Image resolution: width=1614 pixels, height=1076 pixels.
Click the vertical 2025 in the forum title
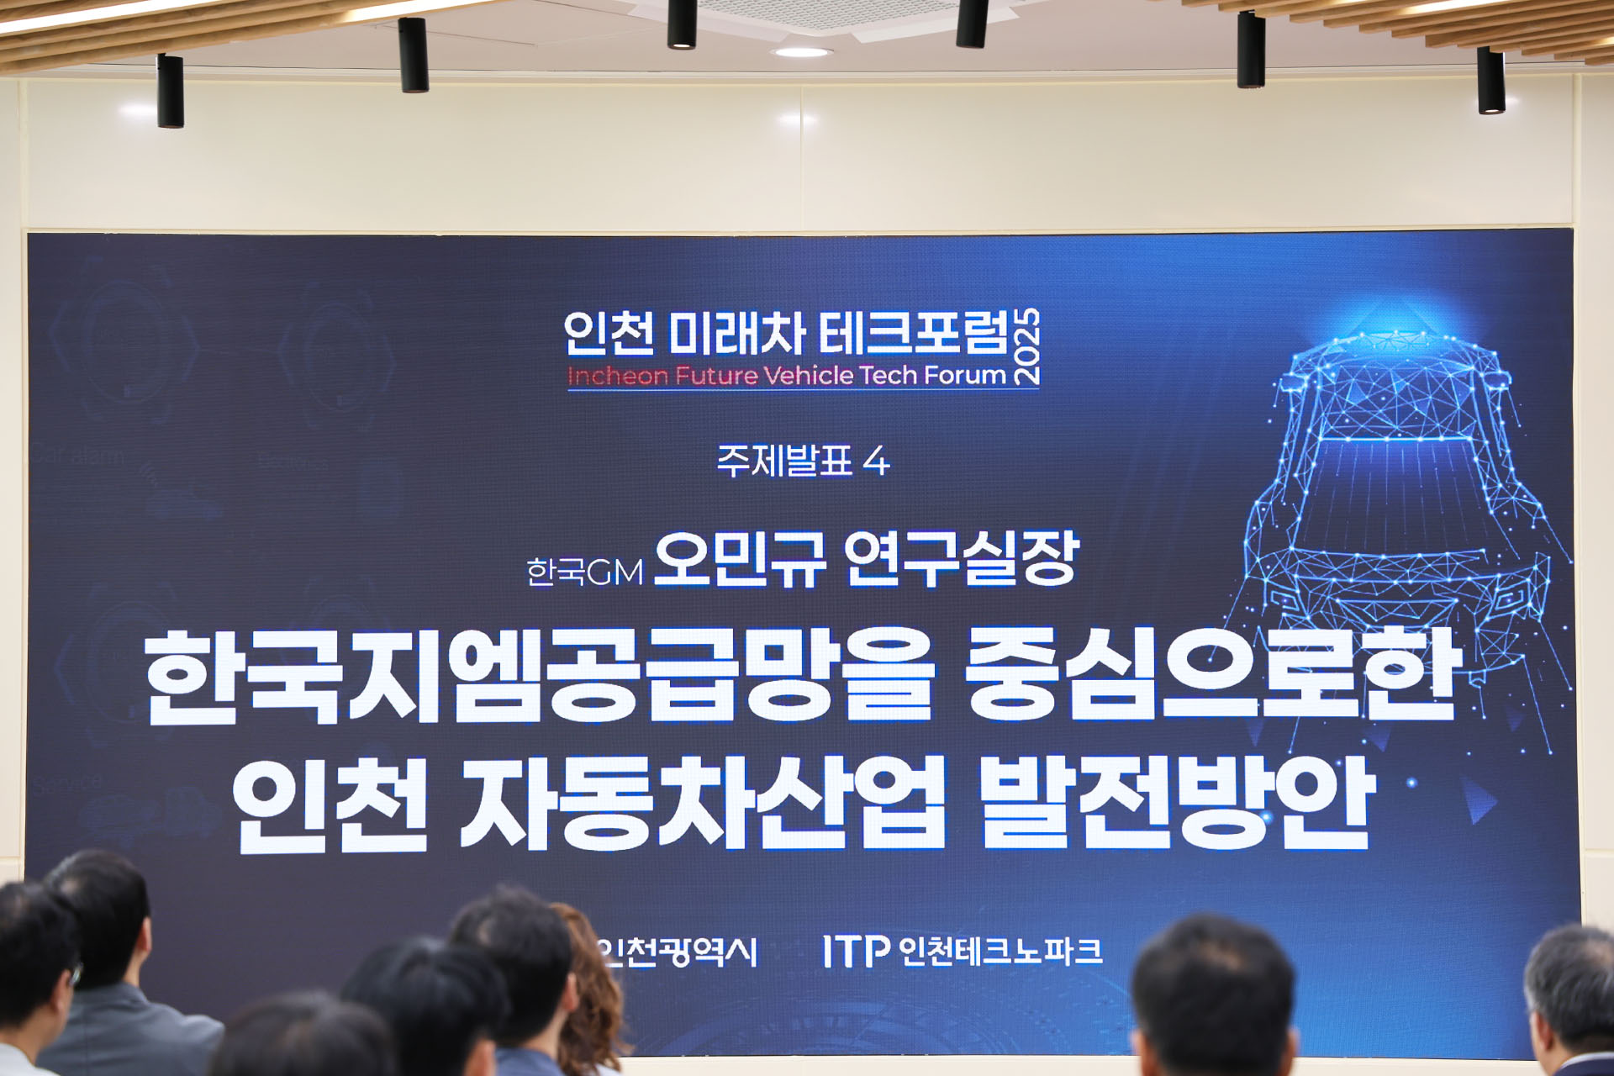coord(1027,346)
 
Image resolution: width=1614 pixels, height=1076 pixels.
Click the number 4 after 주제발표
coord(876,462)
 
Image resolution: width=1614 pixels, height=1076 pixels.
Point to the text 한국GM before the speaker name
coord(584,572)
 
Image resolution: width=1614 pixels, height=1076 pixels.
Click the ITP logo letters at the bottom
coord(855,951)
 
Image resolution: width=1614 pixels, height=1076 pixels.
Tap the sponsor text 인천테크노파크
coord(1000,951)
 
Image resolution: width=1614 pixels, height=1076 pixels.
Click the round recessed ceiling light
coord(802,52)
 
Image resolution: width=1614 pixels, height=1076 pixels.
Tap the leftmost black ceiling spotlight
coord(170,90)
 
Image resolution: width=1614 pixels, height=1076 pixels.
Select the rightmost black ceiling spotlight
coord(1491,80)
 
